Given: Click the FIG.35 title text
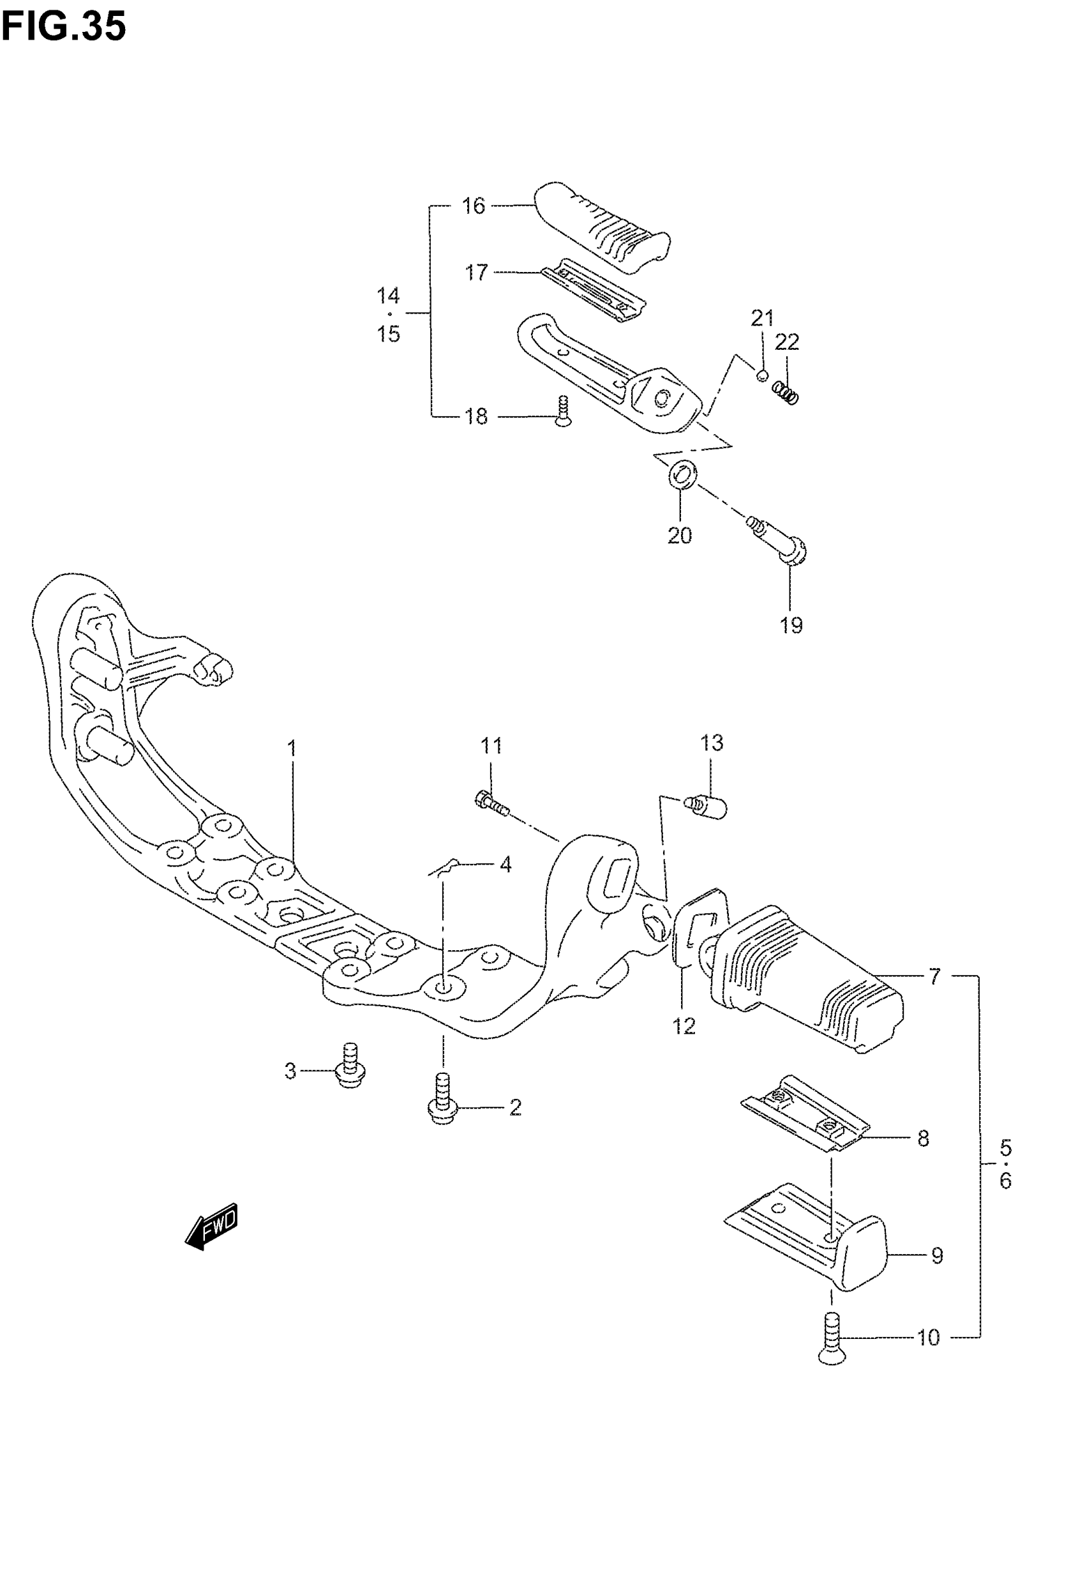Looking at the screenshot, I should click(x=63, y=28).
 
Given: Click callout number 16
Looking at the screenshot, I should click(x=474, y=206).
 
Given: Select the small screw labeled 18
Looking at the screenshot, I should click(x=563, y=412).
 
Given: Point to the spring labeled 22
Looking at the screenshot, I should click(x=786, y=391).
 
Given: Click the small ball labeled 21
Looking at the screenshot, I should click(x=762, y=375).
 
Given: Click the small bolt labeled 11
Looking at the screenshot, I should click(x=491, y=803).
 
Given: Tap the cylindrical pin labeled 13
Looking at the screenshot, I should click(x=707, y=808).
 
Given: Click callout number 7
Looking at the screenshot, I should click(x=935, y=977).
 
